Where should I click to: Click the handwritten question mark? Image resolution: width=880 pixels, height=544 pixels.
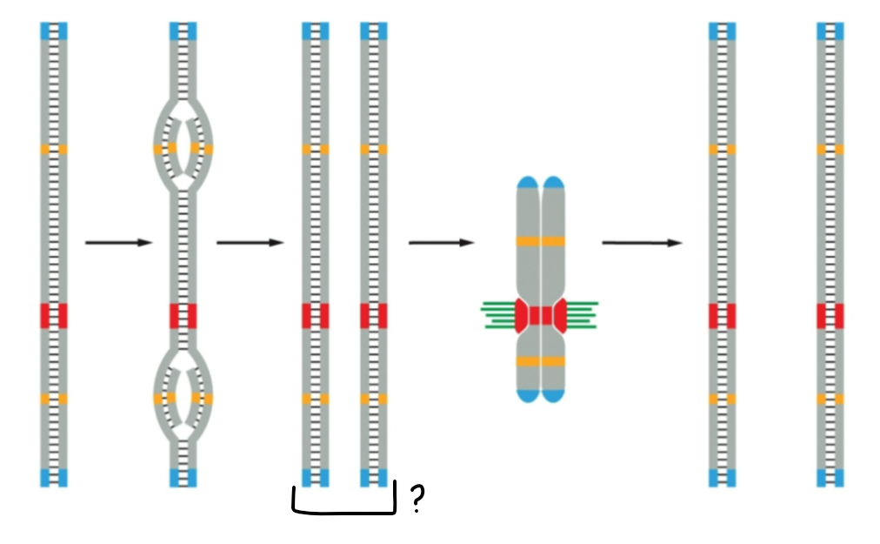(x=417, y=500)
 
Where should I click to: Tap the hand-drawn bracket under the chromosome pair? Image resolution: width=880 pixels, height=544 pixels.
(x=343, y=510)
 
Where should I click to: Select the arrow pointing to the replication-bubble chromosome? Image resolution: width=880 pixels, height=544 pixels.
(x=118, y=243)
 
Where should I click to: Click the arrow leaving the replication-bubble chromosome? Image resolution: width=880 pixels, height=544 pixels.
(x=250, y=243)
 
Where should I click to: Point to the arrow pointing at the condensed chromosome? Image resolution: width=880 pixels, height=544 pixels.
(x=442, y=243)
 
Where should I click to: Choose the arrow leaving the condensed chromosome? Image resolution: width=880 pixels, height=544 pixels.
(x=642, y=243)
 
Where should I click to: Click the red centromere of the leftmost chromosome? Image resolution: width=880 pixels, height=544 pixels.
(x=54, y=315)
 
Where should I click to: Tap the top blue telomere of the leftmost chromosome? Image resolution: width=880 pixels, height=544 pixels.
(x=54, y=31)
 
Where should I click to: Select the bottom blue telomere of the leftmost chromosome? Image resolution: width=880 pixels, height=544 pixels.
(x=54, y=477)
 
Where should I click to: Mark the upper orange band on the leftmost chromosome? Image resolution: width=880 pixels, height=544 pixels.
(x=54, y=149)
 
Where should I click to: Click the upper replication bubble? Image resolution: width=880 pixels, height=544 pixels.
(x=183, y=144)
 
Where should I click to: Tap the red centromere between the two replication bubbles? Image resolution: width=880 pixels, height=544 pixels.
(x=183, y=315)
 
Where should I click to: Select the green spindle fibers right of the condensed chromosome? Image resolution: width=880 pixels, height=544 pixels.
(x=581, y=314)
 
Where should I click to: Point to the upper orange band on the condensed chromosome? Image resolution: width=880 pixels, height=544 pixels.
(x=541, y=241)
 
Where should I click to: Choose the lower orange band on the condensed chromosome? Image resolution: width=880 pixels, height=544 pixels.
(x=541, y=360)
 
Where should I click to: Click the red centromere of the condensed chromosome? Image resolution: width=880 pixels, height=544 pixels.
(x=541, y=315)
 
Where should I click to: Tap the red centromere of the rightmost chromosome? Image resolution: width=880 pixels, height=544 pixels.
(x=830, y=315)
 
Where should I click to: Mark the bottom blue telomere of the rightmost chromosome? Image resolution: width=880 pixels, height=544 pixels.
(x=830, y=477)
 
